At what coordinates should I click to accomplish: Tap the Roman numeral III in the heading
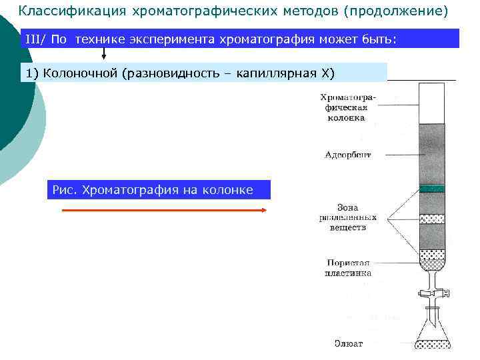coord(34,39)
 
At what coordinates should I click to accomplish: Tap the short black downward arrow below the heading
coord(103,53)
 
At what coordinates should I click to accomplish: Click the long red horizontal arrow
coord(164,209)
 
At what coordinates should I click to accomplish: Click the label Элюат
coord(348,344)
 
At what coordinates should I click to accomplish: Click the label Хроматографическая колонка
coord(347,107)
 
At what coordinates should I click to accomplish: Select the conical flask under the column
coord(432,329)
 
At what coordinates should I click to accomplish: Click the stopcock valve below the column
coord(433,291)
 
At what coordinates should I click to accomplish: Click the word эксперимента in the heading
coord(174,39)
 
